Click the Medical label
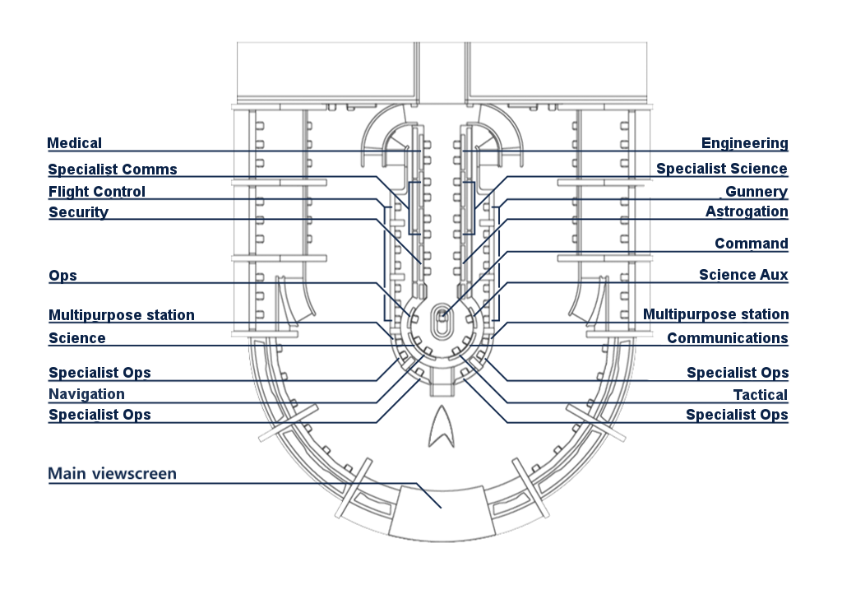[74, 143]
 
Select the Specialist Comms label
[113, 170]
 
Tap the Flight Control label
[97, 192]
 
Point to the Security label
[78, 212]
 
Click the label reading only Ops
[62, 276]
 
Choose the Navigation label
[86, 394]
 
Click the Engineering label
[745, 143]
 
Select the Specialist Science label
[722, 169]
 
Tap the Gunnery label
[756, 192]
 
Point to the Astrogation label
[747, 211]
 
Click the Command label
[752, 244]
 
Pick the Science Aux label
[743, 275]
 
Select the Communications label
[728, 338]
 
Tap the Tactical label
[761, 395]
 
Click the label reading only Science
[76, 338]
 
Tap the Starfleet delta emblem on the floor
[442, 426]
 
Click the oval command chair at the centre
[441, 321]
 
